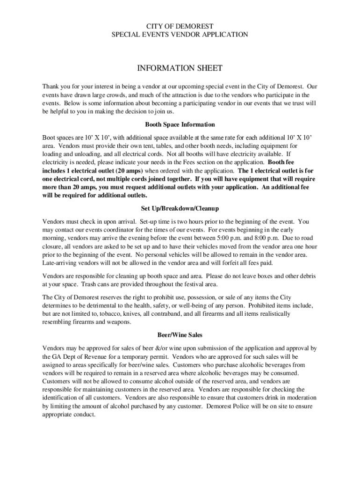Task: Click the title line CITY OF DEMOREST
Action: [x=180, y=26]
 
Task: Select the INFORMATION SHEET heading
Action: [x=180, y=69]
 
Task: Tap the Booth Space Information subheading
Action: [x=180, y=125]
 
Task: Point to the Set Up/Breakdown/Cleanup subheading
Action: [x=180, y=208]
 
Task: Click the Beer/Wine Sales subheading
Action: [x=180, y=335]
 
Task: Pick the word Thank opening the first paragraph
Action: [x=51, y=87]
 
